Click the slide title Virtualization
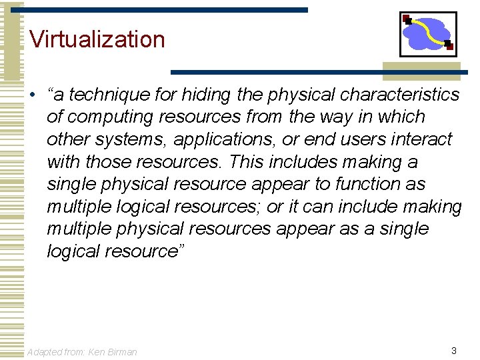point(97,39)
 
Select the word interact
point(423,140)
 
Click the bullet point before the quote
point(32,95)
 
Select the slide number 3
point(453,351)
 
